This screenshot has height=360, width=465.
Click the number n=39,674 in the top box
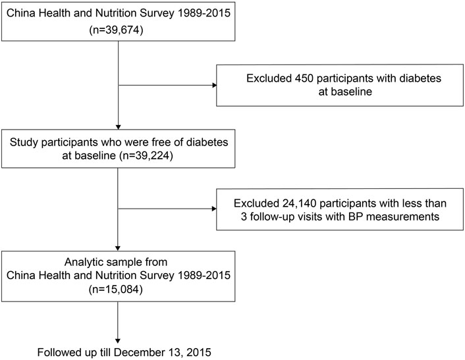pyautogui.click(x=116, y=30)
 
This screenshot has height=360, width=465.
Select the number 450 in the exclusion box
pyautogui.click(x=304, y=78)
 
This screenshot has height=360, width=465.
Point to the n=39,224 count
pyautogui.click(x=146, y=155)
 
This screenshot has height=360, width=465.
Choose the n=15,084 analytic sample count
pyautogui.click(x=116, y=289)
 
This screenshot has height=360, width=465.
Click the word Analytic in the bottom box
pyautogui.click(x=86, y=262)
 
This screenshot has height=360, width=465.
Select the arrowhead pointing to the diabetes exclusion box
pyautogui.click(x=215, y=86)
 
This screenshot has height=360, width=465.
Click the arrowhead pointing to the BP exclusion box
pyautogui.click(x=215, y=209)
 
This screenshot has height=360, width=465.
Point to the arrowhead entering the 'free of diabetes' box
pyautogui.click(x=118, y=127)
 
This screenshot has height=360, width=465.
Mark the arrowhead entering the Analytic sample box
pyautogui.click(x=118, y=248)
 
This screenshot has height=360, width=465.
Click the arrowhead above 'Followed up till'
pyautogui.click(x=118, y=341)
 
